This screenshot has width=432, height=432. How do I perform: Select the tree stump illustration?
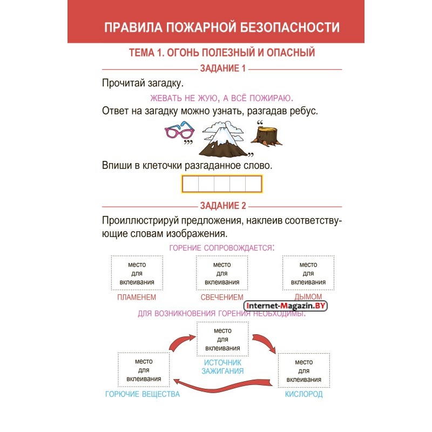(266, 136)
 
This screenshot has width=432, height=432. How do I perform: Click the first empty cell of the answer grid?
(191, 184)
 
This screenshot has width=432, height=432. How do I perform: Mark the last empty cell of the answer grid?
(253, 184)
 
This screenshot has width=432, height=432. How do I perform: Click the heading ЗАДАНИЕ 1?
(222, 69)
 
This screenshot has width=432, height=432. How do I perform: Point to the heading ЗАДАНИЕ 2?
(223, 206)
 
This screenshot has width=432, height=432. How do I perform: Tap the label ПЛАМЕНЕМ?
(137, 298)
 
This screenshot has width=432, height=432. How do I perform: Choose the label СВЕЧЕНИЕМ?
(222, 298)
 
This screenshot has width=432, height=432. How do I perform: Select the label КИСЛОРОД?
(303, 394)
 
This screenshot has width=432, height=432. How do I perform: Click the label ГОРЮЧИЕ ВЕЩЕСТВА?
(143, 394)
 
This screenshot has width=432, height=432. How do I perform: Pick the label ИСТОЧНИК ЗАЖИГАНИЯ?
(222, 367)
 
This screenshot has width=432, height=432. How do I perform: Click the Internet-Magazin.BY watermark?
(286, 306)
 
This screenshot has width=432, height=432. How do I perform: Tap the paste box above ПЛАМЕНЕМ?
(137, 273)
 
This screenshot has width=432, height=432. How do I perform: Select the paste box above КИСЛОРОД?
(304, 370)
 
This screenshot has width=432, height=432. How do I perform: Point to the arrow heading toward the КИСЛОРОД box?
(265, 342)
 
